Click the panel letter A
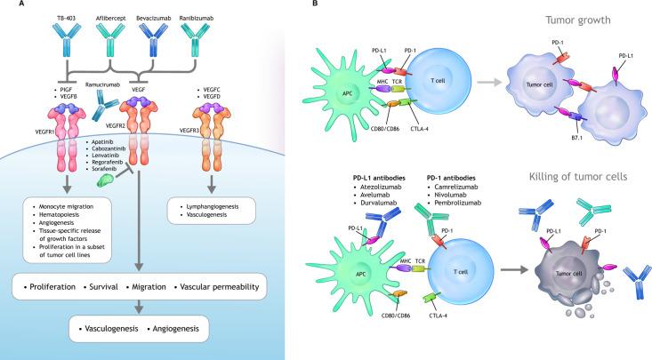(x=8, y=6)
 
